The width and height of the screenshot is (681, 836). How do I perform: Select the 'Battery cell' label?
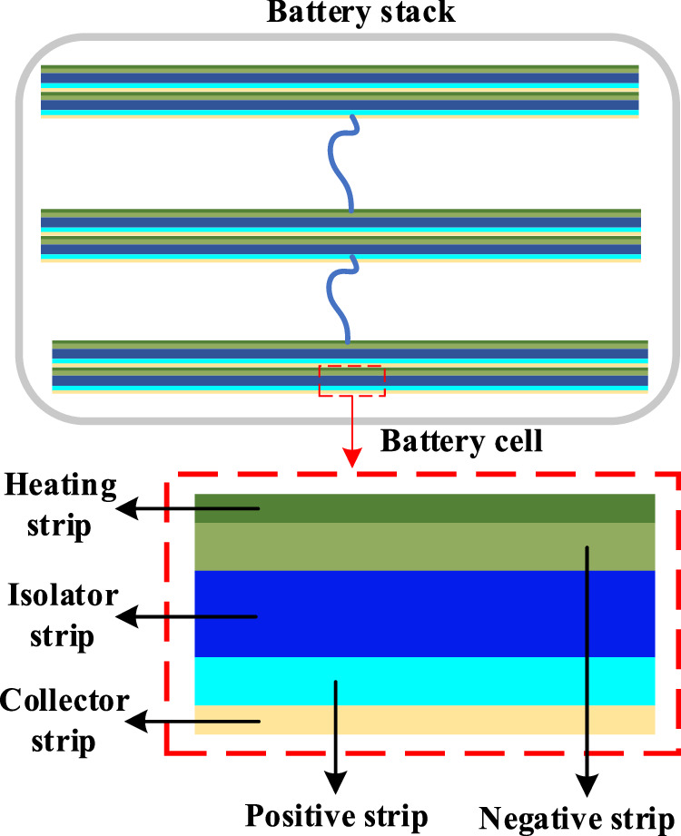461,442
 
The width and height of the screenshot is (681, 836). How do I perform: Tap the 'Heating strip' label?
61,506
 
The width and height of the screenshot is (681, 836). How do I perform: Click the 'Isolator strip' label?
64,615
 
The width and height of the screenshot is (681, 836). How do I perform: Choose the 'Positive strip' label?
336,814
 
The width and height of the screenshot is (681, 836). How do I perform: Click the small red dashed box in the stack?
352,380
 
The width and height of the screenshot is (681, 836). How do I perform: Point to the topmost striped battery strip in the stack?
340,91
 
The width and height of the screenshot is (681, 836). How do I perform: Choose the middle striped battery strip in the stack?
340,234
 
